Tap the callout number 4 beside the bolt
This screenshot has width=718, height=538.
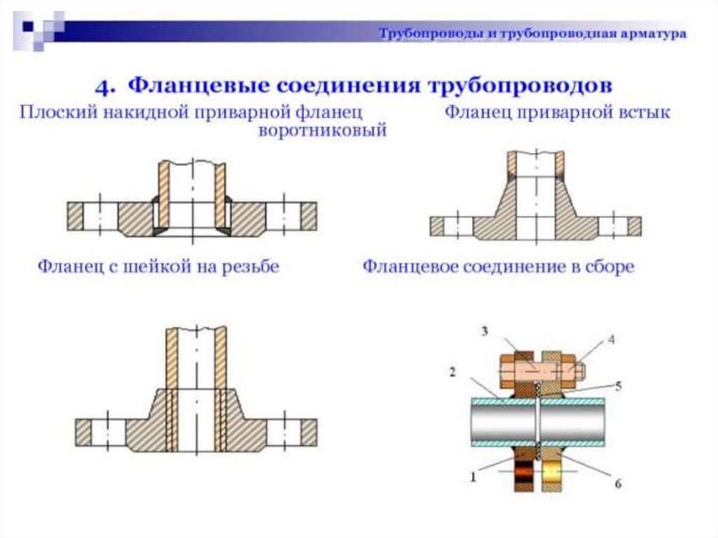(611, 339)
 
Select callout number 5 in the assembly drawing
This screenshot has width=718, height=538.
(616, 385)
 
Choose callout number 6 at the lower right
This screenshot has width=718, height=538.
(618, 483)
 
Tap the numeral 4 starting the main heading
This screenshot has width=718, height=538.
(104, 87)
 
